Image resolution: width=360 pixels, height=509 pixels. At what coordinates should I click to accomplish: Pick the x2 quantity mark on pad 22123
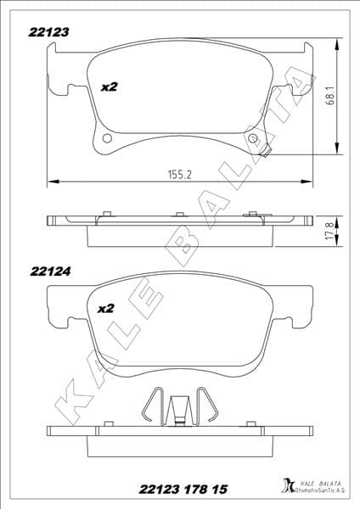[109, 87]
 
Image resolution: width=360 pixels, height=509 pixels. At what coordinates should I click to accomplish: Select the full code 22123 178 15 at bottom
[179, 489]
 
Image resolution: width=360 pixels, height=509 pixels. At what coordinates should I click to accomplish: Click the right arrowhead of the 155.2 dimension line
[307, 181]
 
